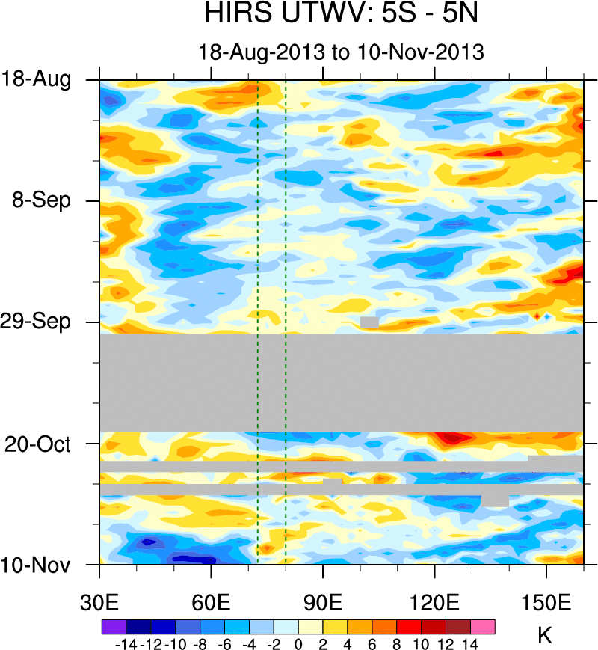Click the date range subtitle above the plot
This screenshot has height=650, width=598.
click(341, 52)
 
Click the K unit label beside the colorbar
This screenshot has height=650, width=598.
click(545, 636)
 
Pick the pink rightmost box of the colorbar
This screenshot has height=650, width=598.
click(483, 626)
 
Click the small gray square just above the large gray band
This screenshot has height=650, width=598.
click(369, 322)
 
